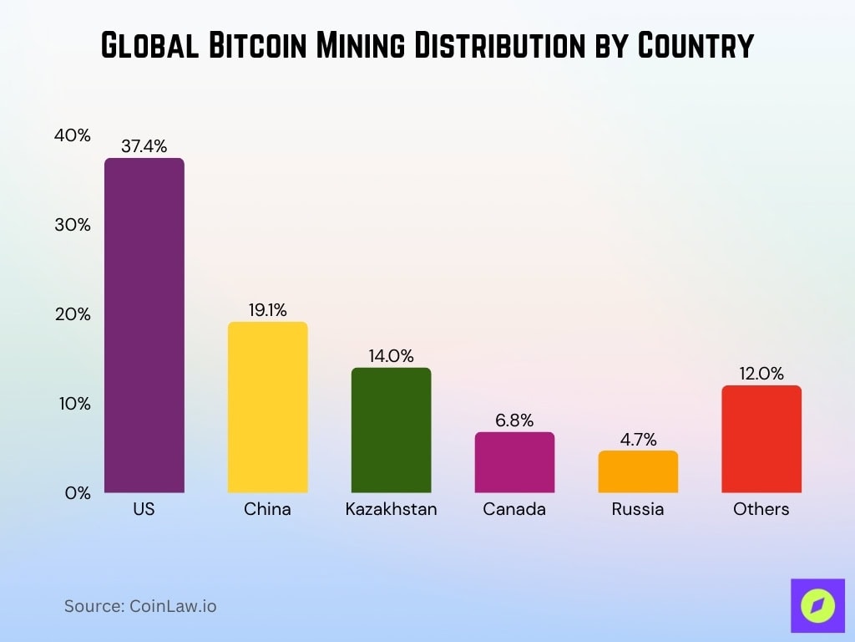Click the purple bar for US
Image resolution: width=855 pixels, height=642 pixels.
[144, 325]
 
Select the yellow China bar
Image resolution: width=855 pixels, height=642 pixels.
[267, 407]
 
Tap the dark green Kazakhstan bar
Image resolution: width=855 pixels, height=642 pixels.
[391, 430]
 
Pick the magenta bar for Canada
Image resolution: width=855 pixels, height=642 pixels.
[514, 462]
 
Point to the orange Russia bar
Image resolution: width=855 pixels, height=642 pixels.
[638, 471]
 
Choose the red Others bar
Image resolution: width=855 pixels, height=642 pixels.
[761, 439]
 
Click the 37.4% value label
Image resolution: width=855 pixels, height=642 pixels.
[144, 146]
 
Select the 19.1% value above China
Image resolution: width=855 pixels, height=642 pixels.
[267, 310]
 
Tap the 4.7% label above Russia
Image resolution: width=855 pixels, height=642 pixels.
[638, 440]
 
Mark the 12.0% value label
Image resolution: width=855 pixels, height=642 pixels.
[761, 374]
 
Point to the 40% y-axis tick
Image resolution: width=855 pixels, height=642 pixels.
[73, 135]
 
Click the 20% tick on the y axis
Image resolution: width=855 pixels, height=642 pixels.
[73, 314]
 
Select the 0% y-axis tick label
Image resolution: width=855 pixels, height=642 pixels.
[76, 493]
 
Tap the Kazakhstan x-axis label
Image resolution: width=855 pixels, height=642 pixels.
[391, 508]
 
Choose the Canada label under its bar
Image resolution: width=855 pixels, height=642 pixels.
[514, 508]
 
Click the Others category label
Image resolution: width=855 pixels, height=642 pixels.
[761, 508]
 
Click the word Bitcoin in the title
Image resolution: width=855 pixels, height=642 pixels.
[255, 46]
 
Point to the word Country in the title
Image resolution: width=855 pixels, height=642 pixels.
[695, 46]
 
